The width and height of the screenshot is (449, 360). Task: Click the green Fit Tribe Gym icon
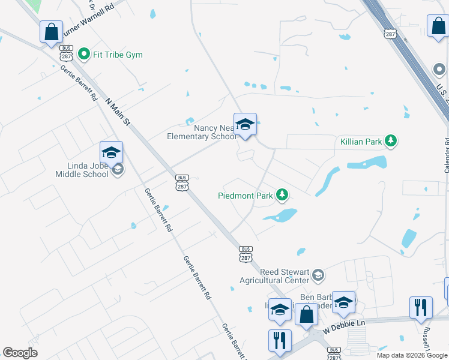point(84,55)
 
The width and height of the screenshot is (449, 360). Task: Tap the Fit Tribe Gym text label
point(118,55)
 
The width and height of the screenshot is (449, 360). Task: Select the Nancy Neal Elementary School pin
point(245,125)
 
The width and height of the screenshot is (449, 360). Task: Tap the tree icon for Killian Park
point(391,141)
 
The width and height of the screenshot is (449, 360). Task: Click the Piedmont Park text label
point(245,195)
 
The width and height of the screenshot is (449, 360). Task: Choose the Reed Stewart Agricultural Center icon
point(318,275)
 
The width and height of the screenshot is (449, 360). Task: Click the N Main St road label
point(118,112)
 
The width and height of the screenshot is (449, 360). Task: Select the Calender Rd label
point(447,155)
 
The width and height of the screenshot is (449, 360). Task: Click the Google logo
point(20,353)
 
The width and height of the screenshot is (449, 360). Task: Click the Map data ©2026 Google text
point(412,355)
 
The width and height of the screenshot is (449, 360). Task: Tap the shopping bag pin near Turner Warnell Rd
point(52,31)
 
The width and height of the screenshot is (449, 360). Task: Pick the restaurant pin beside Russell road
point(421,307)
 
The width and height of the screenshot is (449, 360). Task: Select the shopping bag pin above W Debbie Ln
point(306,314)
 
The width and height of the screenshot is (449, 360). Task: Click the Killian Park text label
point(361,142)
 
